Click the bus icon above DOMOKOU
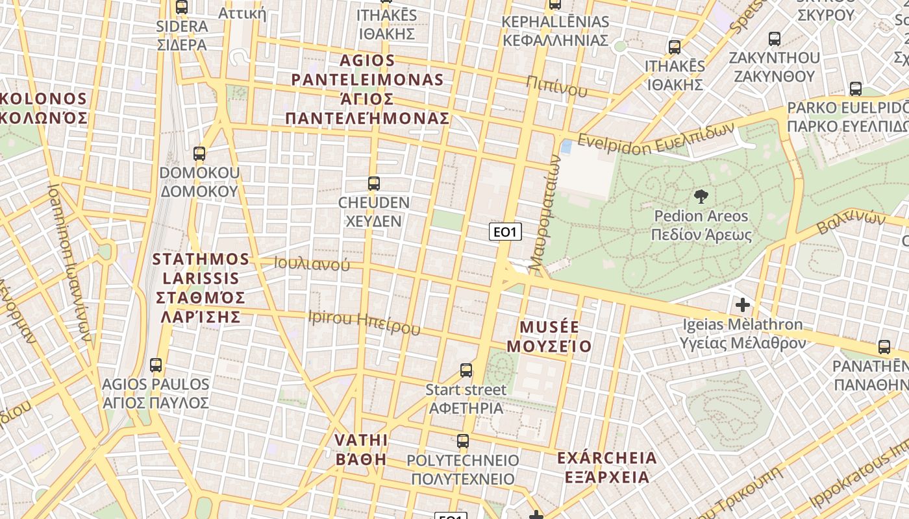tap(199, 154)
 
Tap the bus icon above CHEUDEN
tap(373, 184)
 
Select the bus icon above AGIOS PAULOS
tap(156, 365)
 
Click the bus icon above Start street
tap(466, 370)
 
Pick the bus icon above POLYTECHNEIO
tap(463, 441)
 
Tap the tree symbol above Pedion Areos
tap(701, 196)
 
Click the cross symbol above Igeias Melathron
tap(743, 304)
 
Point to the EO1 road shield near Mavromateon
tap(505, 232)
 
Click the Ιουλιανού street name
tap(312, 263)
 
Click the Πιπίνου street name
tap(557, 86)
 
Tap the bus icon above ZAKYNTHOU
tap(774, 38)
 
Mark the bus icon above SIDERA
tap(182, 7)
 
